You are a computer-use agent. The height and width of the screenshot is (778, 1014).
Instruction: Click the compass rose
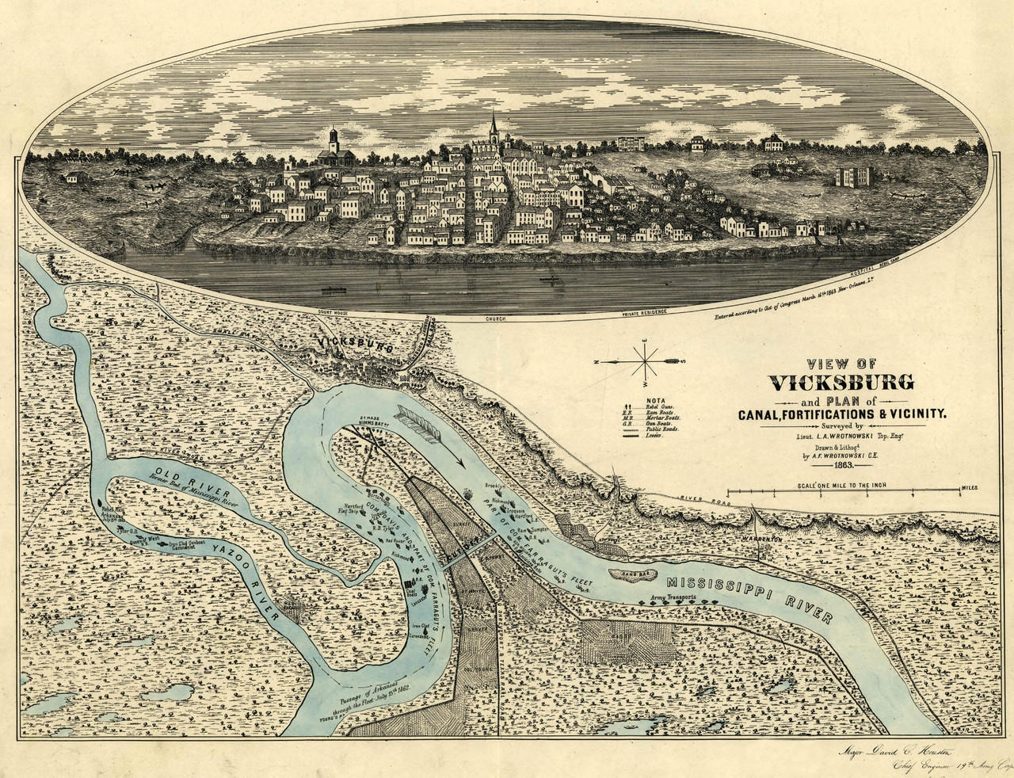pos(647,361)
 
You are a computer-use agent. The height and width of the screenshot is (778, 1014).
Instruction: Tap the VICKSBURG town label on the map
pos(353,342)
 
